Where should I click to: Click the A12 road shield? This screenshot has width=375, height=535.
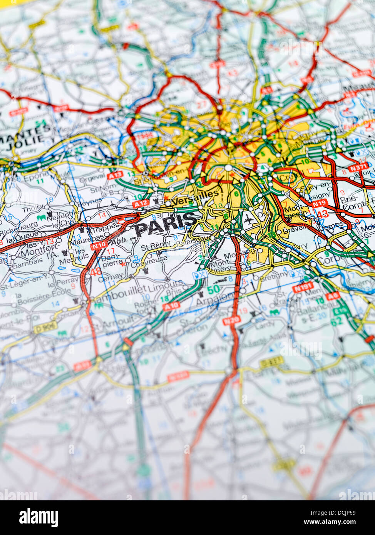point(140,204)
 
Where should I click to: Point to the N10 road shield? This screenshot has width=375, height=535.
point(99,245)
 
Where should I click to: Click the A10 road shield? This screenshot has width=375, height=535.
point(171,307)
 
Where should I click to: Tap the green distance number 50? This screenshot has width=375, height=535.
point(213,288)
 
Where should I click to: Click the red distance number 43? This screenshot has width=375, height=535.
point(323,214)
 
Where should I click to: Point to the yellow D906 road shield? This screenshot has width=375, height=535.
point(45,327)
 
